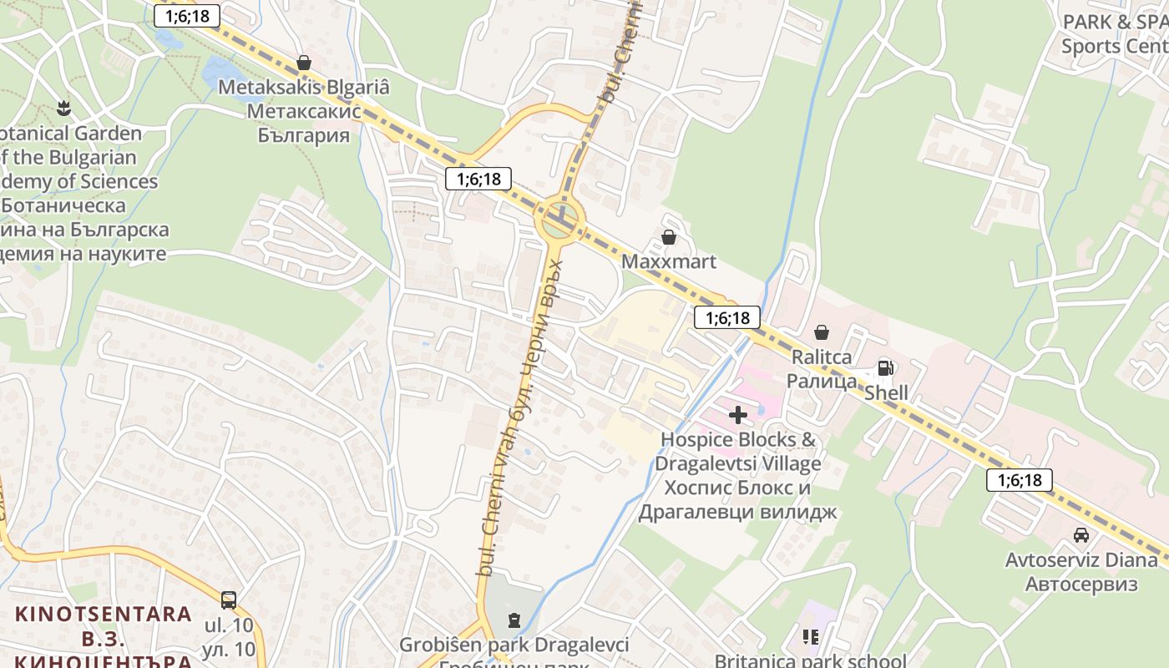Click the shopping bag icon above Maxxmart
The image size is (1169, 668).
click(668, 237)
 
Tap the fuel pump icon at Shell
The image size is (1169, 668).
click(885, 368)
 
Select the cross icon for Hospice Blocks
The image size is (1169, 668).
click(738, 414)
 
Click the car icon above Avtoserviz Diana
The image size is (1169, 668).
click(1081, 535)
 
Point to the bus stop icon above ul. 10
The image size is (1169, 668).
click(229, 600)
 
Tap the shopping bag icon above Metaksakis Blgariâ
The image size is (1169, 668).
click(304, 63)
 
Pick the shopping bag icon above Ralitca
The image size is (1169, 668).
click(822, 332)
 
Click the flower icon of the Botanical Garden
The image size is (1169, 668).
click(63, 108)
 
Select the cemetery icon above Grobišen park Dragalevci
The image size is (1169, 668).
click(514, 620)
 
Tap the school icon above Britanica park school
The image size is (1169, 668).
click(810, 637)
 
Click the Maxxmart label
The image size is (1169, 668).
click(669, 261)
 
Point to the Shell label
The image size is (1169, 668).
click(886, 392)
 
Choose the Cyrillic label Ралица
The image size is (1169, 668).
click(822, 381)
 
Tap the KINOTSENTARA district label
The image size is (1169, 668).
click(103, 615)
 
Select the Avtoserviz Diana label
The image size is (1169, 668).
click(1081, 559)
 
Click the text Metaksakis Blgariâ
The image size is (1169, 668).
click(304, 87)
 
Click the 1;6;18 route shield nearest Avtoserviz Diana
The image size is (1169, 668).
click(1019, 480)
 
